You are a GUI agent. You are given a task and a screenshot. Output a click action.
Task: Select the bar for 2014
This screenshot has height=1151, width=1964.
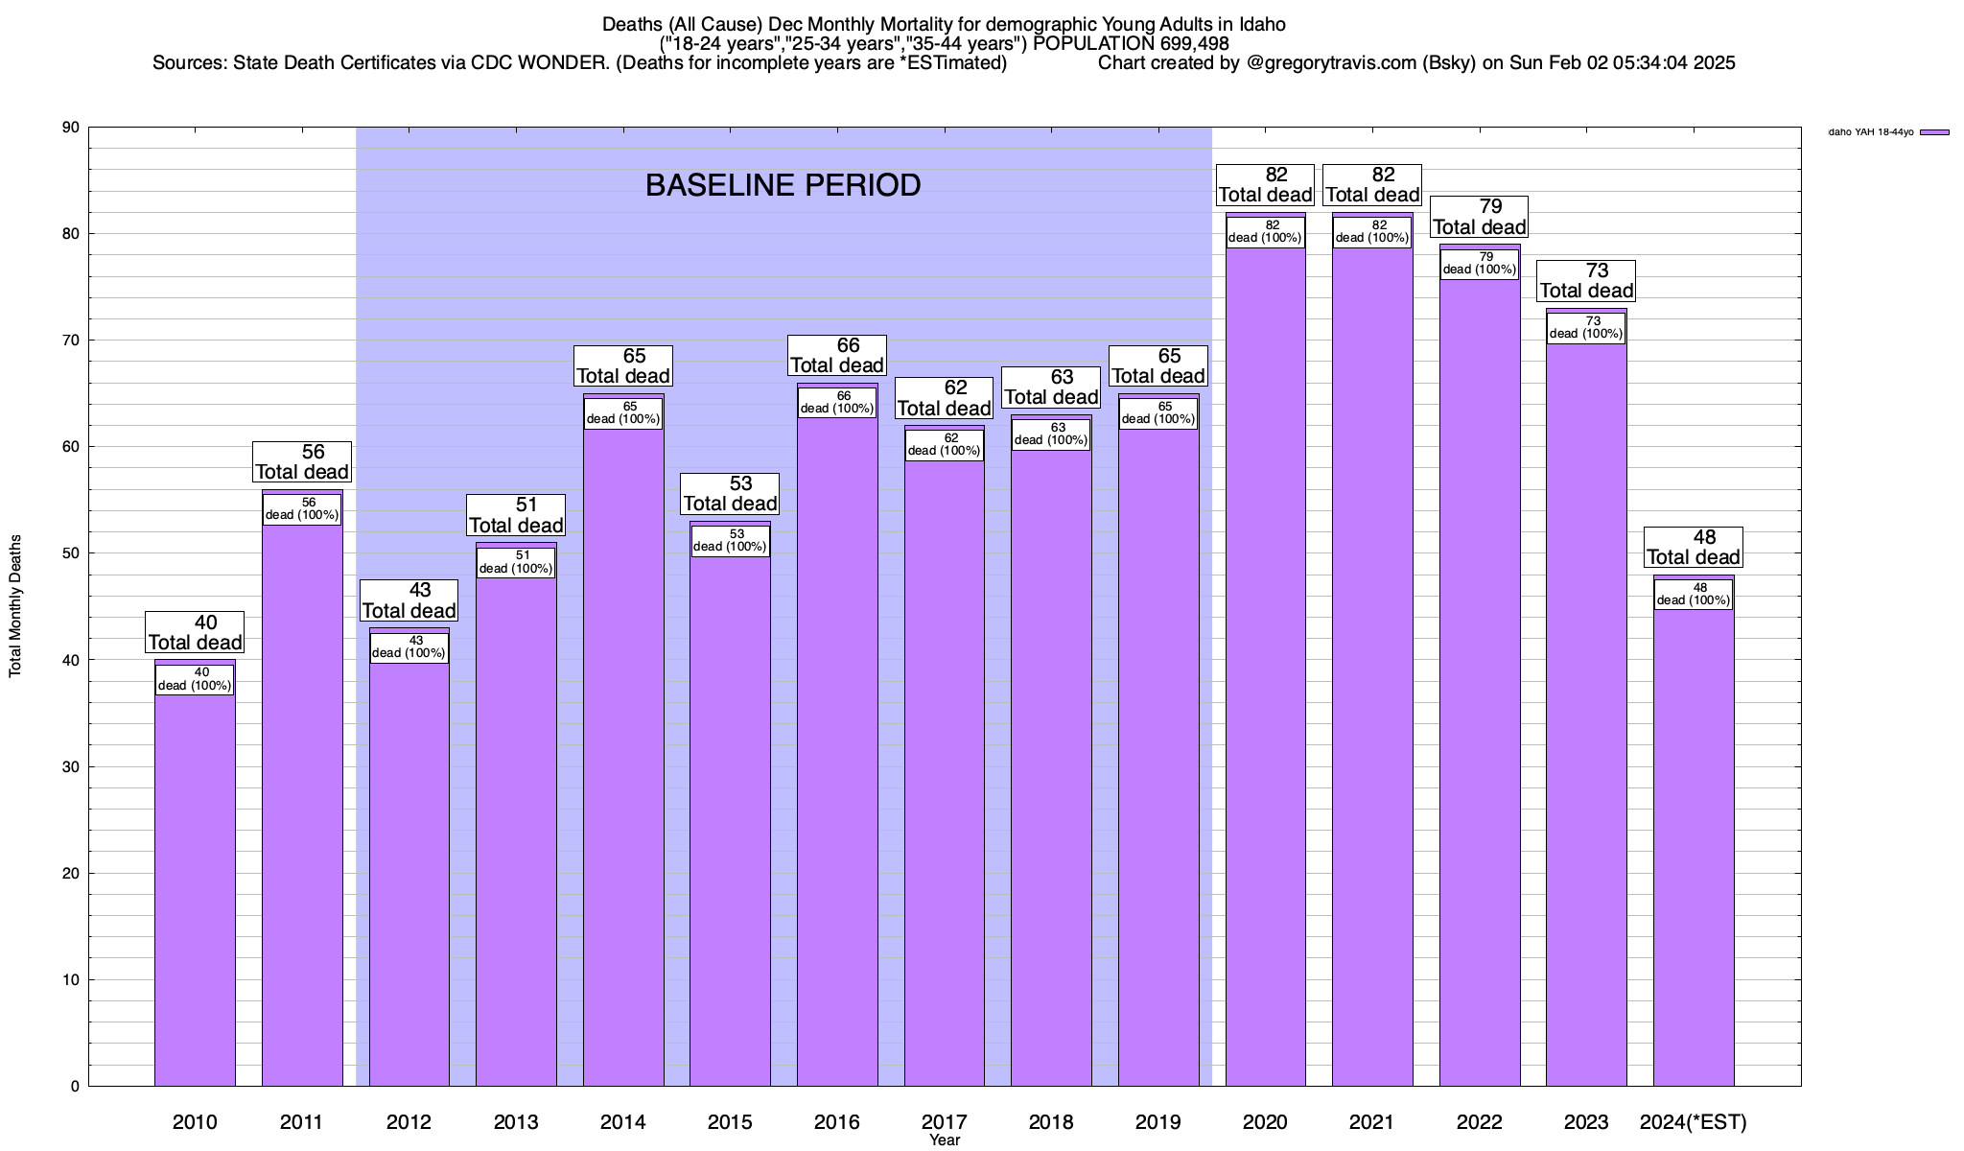(623, 758)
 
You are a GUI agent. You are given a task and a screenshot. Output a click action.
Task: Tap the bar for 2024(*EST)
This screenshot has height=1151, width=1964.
(1694, 844)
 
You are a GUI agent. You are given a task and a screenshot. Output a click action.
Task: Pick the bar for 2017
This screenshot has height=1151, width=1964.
(945, 767)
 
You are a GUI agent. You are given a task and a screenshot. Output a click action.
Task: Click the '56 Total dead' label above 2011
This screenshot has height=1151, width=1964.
(302, 462)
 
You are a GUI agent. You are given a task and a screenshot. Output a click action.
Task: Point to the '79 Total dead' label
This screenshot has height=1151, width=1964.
(1479, 217)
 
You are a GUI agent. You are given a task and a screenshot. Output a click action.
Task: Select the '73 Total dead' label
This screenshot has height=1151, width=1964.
(1586, 281)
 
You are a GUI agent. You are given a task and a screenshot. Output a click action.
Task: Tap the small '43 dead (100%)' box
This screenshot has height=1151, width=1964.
(409, 647)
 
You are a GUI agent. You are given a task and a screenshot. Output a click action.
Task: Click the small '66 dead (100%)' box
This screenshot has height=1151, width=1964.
(837, 402)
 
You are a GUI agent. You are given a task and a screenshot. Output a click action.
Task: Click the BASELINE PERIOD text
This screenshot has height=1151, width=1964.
(783, 185)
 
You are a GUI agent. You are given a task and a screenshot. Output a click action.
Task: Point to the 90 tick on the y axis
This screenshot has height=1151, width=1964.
(71, 128)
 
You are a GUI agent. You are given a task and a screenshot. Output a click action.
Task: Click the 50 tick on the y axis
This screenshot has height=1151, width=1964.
(71, 553)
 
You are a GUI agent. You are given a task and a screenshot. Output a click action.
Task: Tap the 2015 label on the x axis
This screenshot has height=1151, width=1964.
(730, 1121)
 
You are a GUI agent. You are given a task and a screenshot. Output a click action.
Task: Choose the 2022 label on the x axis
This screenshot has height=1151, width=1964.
(1479, 1121)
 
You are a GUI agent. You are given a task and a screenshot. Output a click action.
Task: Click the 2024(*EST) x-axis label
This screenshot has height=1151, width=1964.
(1694, 1121)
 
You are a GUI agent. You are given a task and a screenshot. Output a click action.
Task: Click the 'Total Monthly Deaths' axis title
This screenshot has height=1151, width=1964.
(15, 606)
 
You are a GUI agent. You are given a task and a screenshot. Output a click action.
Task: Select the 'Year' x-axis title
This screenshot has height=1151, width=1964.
(945, 1140)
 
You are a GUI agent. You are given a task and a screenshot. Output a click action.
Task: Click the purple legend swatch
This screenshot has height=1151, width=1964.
(1934, 132)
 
